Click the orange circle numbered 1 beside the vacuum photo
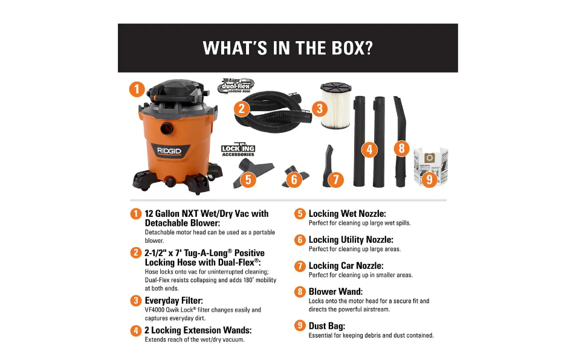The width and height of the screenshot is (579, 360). coord(137,90)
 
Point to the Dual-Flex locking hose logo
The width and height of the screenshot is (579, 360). coord(236,85)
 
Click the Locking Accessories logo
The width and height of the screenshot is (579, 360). coord(238,150)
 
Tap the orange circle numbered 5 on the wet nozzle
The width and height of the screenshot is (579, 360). coord(247,179)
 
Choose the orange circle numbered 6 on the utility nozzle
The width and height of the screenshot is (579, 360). coord(294,179)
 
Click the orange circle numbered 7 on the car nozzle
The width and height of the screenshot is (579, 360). coord(335,179)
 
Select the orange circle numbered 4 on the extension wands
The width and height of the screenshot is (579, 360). coord(369,149)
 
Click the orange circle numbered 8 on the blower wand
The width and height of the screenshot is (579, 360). coord(401,149)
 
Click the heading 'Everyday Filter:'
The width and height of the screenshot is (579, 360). coord(173,300)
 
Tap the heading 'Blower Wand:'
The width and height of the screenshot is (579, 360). coord(335,292)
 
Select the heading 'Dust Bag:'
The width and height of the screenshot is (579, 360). coord(327,326)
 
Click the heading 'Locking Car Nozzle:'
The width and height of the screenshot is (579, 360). coord(346,266)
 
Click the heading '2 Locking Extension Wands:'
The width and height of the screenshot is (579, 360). coord(198,330)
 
